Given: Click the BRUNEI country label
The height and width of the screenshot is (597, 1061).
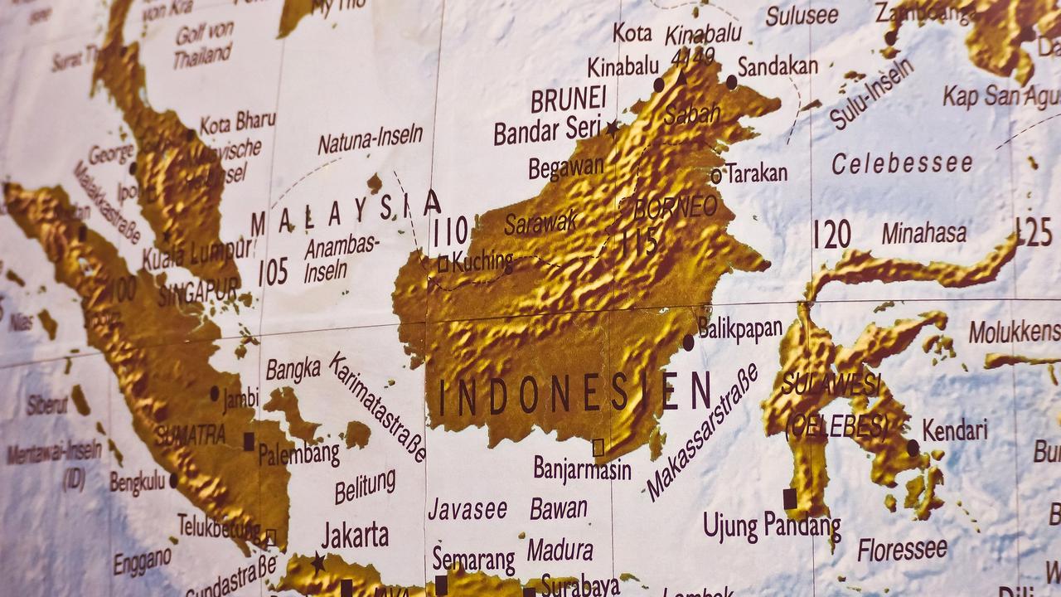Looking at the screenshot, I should pos(569,100).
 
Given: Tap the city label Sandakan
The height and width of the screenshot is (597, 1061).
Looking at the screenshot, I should pos(778,66).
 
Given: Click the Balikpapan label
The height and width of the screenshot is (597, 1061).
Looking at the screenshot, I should pos(740,328).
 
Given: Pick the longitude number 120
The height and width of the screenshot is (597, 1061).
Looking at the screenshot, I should pos(831,235).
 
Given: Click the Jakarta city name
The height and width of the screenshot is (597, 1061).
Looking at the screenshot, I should pos(355,535).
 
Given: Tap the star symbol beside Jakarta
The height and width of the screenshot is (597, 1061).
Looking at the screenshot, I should pos(317,563).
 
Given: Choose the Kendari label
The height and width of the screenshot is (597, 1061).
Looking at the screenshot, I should pos(955,430).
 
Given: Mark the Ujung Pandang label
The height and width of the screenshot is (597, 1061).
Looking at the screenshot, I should pos(772,527).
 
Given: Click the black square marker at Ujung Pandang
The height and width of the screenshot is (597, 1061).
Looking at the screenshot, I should pos(789,498).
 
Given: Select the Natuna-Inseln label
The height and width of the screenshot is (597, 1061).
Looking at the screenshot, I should pos(370,138).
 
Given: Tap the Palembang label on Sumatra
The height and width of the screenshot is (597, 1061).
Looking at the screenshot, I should pos(298,454).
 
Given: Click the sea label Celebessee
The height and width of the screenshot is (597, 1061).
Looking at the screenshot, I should pos(902,163).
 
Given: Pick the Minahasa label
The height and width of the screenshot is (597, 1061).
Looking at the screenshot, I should pos(923,234).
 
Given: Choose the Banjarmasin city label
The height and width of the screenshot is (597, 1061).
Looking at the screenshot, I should pos(582,469).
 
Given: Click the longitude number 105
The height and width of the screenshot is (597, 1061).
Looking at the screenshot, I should pos(273,272).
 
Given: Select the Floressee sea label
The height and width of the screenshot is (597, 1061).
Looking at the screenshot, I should pos(902,549).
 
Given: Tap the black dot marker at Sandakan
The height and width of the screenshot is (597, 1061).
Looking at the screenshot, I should pos(731,81).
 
